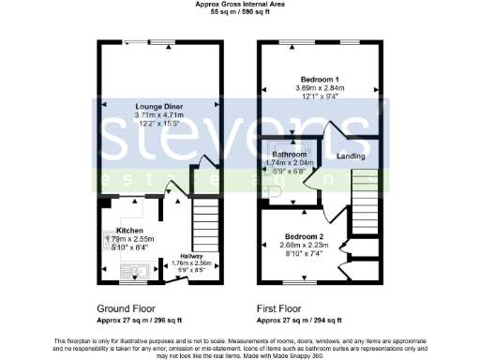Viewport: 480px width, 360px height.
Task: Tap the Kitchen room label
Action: point(128,230)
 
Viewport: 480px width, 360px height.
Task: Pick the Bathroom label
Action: point(290,154)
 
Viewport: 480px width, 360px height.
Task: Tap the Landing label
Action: point(352,157)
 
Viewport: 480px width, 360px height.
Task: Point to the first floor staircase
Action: point(364,202)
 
